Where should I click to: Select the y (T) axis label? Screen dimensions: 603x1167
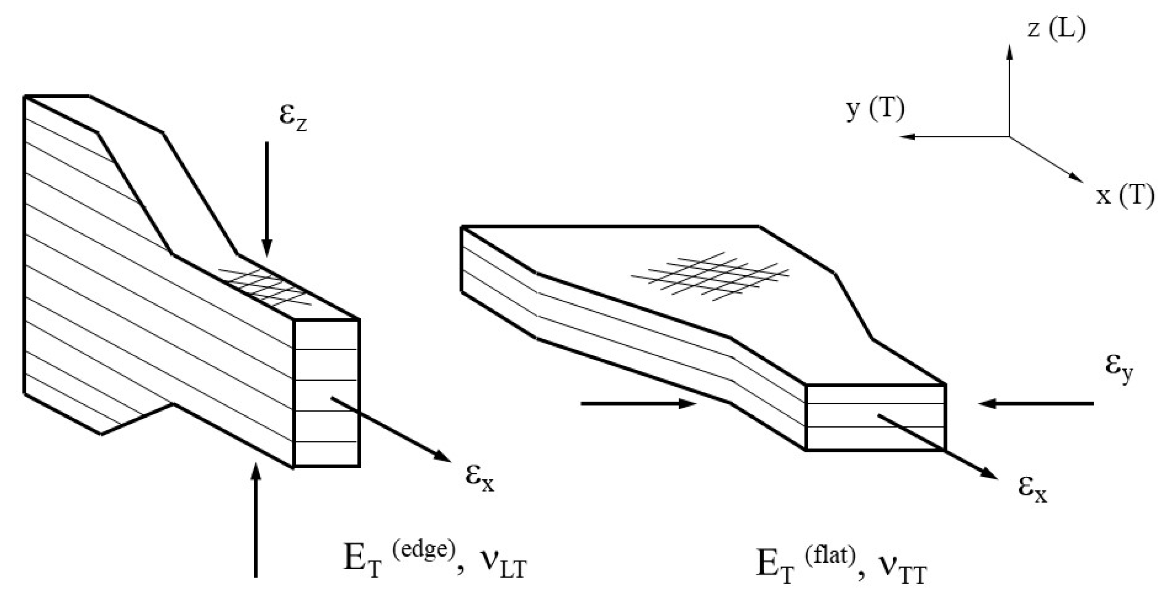tap(875, 110)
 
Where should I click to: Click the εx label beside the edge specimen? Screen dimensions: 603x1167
tap(480, 478)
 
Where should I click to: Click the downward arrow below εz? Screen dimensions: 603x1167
tap(267, 199)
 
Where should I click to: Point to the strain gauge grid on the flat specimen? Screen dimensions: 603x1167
tap(710, 276)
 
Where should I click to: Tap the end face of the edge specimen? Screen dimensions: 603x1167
tap(327, 393)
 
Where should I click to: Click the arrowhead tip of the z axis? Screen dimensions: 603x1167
tap(1009, 45)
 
